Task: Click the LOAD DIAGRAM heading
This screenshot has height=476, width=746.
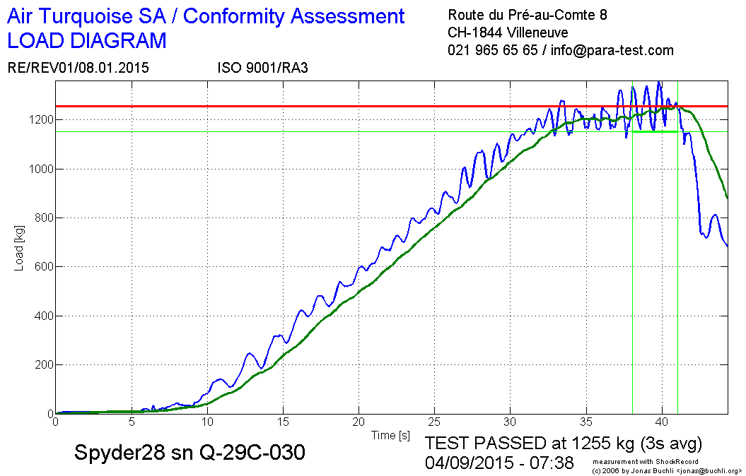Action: [87, 41]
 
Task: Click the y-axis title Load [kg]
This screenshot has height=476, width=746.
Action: [20, 248]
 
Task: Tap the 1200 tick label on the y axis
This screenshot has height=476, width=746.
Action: [39, 120]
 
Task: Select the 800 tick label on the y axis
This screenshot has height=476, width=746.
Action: [42, 218]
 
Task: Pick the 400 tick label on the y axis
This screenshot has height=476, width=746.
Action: [42, 316]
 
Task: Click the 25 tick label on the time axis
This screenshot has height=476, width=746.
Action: [434, 423]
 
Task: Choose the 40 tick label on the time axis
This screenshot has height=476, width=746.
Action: [662, 423]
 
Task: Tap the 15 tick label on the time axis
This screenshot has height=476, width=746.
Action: [283, 423]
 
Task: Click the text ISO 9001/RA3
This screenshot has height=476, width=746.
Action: [262, 68]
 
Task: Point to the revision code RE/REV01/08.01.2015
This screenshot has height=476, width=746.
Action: [78, 68]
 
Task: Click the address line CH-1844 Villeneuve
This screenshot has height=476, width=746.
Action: [507, 32]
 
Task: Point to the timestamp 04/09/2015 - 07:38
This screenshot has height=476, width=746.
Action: [499, 463]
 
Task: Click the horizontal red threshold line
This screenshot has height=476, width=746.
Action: [354, 107]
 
